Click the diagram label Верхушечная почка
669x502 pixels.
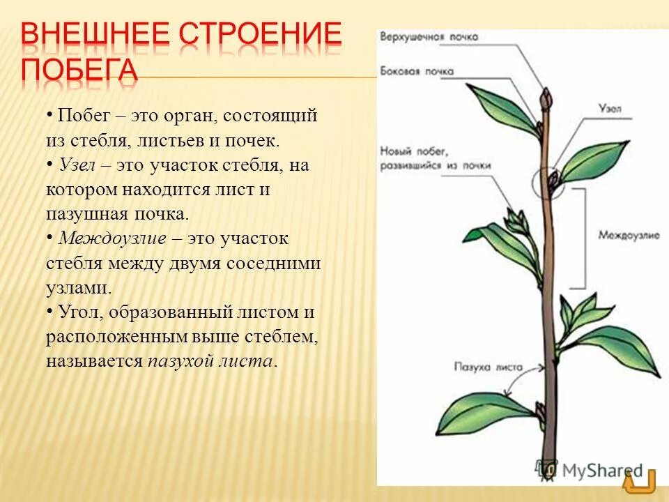tap(422, 37)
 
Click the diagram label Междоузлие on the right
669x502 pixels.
tap(629, 235)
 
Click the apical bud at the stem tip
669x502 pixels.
tap(548, 97)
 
